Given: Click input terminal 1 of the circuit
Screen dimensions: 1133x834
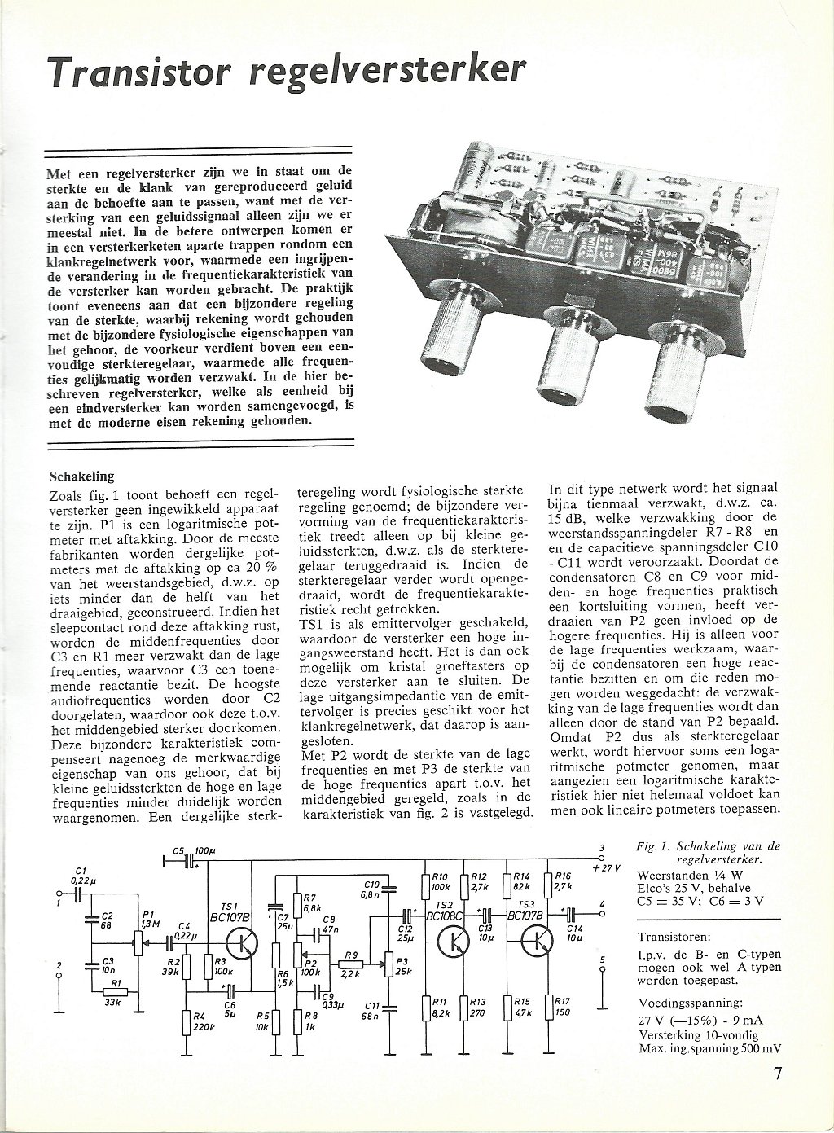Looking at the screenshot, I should pyautogui.click(x=59, y=893).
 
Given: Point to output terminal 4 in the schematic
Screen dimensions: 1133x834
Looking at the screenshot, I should pyautogui.click(x=602, y=912).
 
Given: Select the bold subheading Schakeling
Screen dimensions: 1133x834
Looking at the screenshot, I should pyautogui.click(x=81, y=476).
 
